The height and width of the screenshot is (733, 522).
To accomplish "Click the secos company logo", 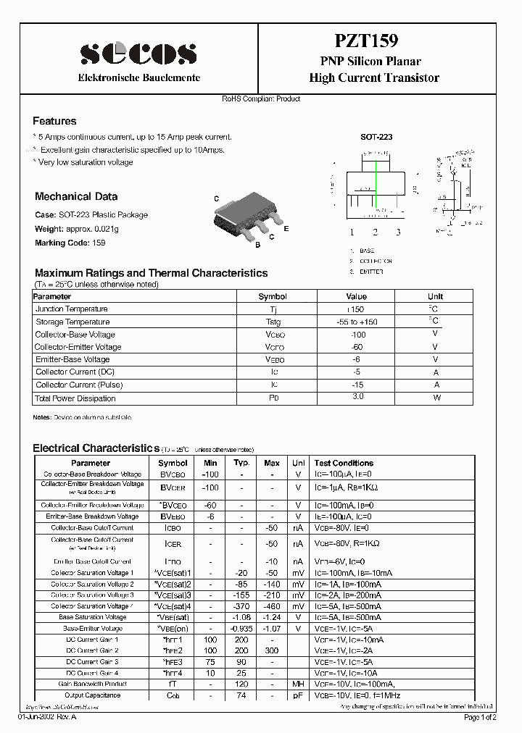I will [138, 54].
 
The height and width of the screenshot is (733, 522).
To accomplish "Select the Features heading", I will [54, 121].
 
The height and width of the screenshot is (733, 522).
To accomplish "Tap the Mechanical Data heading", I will [76, 196].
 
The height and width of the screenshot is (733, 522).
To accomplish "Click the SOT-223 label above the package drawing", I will [376, 136].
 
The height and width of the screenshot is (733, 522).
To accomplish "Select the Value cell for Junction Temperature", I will [356, 309].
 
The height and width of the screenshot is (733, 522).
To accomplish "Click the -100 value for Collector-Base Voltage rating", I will [357, 335].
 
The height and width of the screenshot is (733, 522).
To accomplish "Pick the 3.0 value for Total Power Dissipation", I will [357, 397].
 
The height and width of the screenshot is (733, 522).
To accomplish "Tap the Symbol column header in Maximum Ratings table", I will [273, 296].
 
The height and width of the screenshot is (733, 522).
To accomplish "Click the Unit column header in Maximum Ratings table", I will [435, 296].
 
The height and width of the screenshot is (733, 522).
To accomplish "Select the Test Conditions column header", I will [344, 463].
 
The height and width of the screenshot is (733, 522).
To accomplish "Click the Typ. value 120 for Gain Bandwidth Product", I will [241, 684].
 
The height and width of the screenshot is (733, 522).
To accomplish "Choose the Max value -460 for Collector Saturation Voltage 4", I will [272, 606].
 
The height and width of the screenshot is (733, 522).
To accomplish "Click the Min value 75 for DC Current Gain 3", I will [210, 662].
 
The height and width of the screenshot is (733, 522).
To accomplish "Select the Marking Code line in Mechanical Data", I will [70, 243].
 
